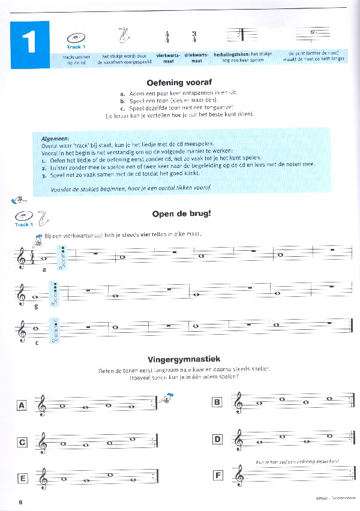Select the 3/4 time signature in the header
(x=194, y=37)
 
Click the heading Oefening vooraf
(x=179, y=83)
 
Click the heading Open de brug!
(x=179, y=214)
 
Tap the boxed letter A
(x=22, y=406)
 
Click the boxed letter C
(x=22, y=443)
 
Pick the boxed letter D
(x=218, y=440)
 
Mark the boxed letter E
(x=22, y=479)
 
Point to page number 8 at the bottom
(x=20, y=501)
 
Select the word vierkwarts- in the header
(x=168, y=55)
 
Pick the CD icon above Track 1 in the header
(x=76, y=37)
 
